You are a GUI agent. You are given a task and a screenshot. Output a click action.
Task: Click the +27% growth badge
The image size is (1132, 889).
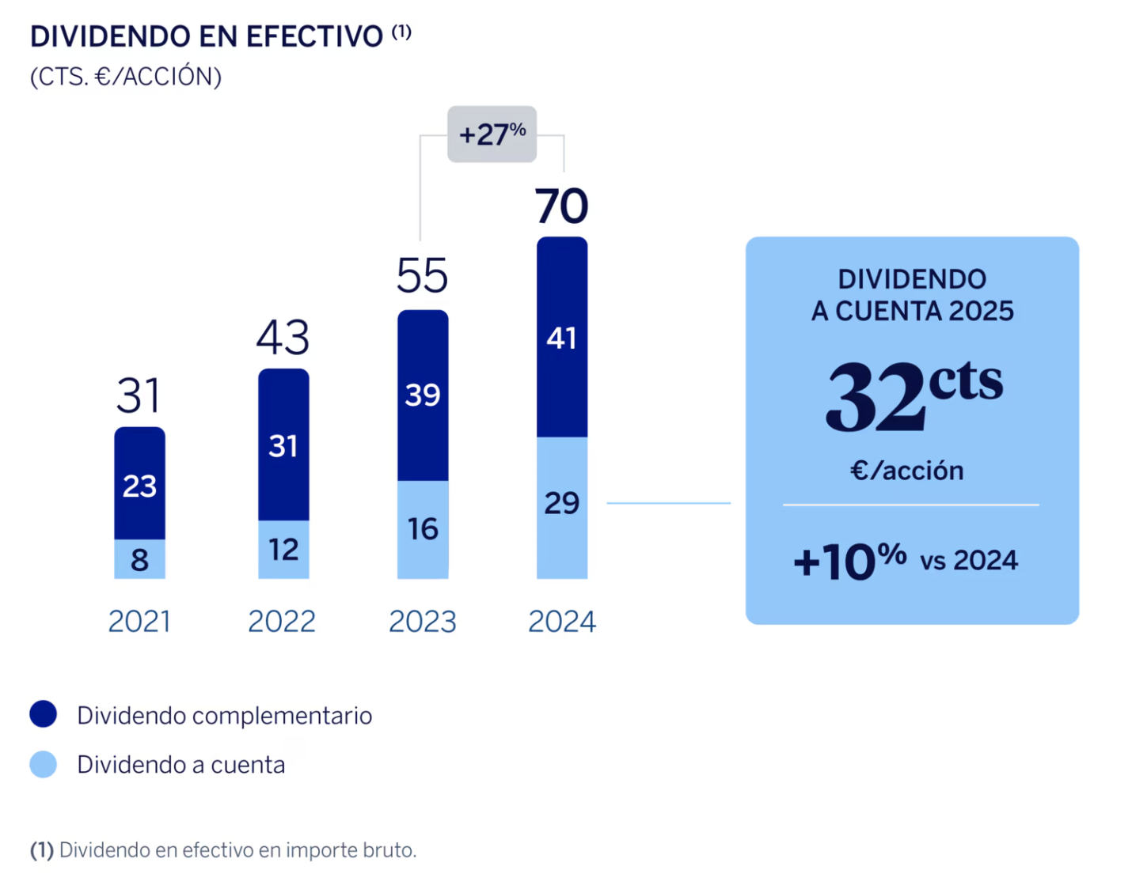[x=492, y=134]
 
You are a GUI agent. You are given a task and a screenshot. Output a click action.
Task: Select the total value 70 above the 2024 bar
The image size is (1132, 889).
[x=561, y=206]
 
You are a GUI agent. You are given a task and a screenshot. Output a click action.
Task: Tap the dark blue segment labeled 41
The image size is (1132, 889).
[x=561, y=338]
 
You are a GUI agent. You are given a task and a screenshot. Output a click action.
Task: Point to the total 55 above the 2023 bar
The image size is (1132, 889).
[x=422, y=276]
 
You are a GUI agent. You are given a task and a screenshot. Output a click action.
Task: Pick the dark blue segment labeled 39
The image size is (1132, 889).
[x=423, y=395]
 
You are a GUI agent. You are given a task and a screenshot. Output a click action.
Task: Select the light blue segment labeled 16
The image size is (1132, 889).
[x=423, y=528]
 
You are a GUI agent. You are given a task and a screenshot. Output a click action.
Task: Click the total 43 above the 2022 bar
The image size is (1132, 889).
[x=283, y=337]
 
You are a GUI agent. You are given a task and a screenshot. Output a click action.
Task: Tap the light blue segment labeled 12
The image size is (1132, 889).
[x=283, y=549]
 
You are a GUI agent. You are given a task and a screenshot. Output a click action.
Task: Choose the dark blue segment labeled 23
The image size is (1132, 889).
[x=139, y=485]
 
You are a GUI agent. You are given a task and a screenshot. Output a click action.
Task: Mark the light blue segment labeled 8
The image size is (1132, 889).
[x=139, y=559]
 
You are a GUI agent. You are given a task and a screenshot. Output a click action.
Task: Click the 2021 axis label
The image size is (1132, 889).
[x=139, y=622]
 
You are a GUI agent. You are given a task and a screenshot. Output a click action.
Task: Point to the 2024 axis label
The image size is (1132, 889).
[x=561, y=622]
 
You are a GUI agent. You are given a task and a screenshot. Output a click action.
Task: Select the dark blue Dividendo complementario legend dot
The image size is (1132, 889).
[x=44, y=714]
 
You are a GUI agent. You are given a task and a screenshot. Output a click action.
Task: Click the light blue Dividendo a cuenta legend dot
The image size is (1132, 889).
[x=44, y=764]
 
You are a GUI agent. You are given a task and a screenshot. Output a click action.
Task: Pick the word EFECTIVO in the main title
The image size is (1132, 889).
[x=314, y=37]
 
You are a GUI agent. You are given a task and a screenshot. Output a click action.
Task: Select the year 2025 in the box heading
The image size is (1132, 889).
[x=981, y=311]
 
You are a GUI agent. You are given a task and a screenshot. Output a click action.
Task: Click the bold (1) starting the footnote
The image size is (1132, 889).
[x=42, y=850]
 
